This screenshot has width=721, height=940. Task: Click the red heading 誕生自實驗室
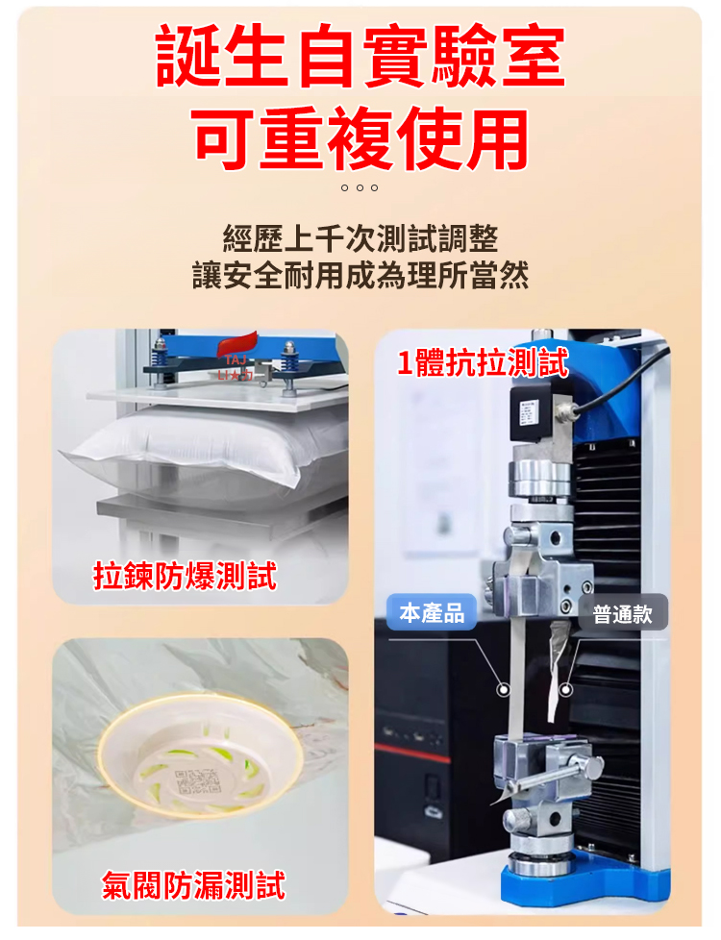[x=360, y=56]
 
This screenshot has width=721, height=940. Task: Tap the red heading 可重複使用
[x=360, y=138]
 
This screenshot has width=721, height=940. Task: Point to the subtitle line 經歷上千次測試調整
[x=360, y=238]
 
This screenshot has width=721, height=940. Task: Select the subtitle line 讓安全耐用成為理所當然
[x=360, y=276]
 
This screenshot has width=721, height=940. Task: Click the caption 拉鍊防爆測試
[x=185, y=576]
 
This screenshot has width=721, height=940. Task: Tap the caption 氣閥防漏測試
[x=193, y=885]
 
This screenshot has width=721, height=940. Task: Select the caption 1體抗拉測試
[x=483, y=362]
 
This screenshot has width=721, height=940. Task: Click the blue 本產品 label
[x=432, y=612]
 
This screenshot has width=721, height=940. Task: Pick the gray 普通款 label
[x=623, y=613]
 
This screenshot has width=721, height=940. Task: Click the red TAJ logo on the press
[x=236, y=358]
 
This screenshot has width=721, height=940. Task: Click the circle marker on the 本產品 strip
[x=504, y=690]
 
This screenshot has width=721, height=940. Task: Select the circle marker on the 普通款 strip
[x=565, y=690]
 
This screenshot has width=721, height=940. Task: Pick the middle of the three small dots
[x=360, y=187]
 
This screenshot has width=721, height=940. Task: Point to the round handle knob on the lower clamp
[x=594, y=767]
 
